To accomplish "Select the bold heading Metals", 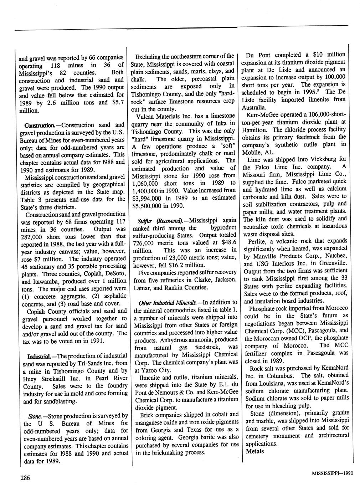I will point(255,451).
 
